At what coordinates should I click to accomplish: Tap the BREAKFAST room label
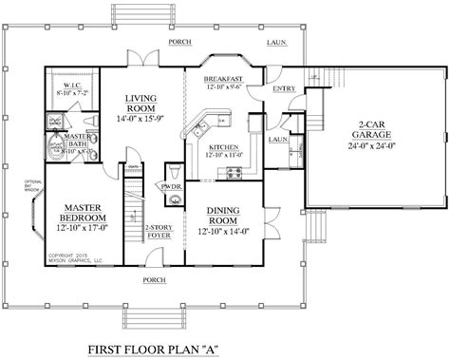click(x=225, y=81)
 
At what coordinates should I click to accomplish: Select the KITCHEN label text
click(x=225, y=148)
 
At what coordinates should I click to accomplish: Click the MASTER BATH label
click(x=76, y=141)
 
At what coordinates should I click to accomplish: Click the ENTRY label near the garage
click(x=283, y=90)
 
